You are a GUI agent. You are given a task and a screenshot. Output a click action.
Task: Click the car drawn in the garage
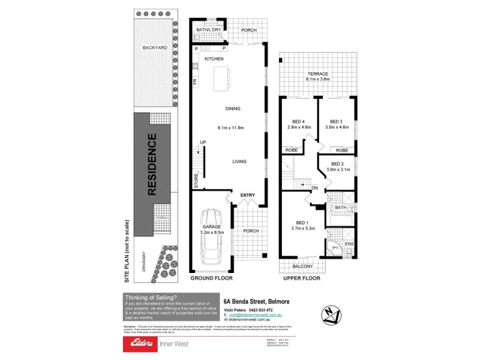(211, 237)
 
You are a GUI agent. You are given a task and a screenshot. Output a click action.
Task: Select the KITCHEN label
(214, 59)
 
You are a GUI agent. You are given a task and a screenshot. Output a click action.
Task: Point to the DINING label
(233, 109)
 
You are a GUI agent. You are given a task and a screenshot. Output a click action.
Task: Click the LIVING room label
(239, 161)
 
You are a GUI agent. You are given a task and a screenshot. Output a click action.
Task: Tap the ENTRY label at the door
(247, 196)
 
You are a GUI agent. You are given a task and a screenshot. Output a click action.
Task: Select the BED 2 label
(338, 164)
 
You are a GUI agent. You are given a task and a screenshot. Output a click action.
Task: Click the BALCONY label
(302, 266)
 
